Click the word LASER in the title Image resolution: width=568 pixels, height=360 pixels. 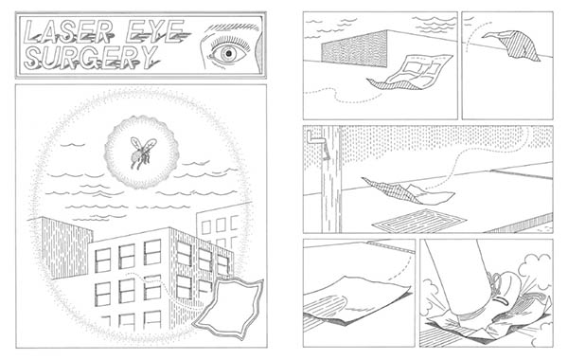[69, 31]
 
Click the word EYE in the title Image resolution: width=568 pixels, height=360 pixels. [157, 31]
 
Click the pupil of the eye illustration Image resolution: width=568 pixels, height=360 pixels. [228, 54]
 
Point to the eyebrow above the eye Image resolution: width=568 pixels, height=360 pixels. [232, 27]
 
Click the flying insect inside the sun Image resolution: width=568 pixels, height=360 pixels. [142, 153]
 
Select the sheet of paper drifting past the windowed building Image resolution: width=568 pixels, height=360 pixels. [228, 308]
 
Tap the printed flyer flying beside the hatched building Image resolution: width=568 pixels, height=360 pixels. [411, 73]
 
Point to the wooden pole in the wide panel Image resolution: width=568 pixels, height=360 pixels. [331, 179]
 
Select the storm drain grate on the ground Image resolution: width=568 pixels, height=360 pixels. [419, 221]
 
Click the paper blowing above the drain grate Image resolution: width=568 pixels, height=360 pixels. [407, 191]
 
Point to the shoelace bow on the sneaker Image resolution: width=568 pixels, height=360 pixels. [495, 282]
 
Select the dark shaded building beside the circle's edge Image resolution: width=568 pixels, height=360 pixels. [65, 246]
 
